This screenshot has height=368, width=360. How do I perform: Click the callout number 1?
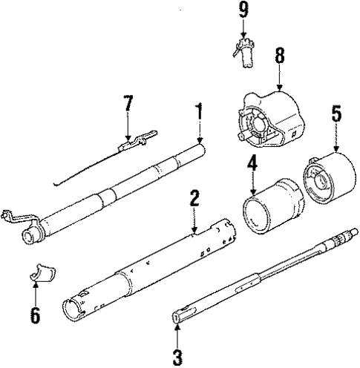[199, 112]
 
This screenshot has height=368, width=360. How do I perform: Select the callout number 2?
[194, 198]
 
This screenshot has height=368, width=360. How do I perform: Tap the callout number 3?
[177, 357]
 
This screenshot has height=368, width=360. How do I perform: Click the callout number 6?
[35, 315]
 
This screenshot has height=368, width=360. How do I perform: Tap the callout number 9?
[243, 10]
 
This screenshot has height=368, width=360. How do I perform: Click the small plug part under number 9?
[243, 54]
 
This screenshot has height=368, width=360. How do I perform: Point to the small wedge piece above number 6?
[38, 275]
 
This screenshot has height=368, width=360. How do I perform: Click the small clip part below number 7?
[137, 139]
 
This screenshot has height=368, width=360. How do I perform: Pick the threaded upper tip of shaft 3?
[337, 242]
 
